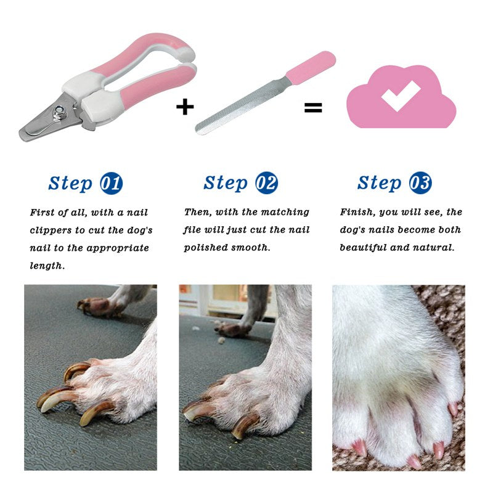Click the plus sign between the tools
[x=185, y=107]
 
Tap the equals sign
[x=313, y=108]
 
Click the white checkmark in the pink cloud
[x=401, y=96]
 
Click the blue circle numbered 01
[x=111, y=183]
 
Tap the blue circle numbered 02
[x=266, y=183]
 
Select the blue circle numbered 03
[x=420, y=183]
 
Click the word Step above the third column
[x=379, y=183]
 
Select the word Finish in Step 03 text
[x=356, y=212]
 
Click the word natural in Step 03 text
[x=433, y=248]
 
